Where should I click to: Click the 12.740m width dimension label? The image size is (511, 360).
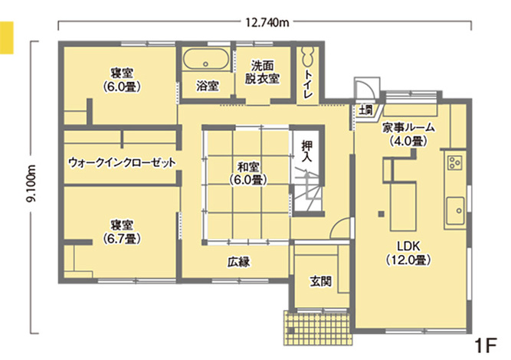(x=267, y=22)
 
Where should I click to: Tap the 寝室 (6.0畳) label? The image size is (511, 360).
(x=122, y=80)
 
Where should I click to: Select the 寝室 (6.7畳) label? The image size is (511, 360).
(x=121, y=231)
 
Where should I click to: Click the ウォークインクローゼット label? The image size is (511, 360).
(x=122, y=163)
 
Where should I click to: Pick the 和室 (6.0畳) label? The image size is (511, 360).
(x=247, y=174)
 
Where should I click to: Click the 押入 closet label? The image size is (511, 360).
(x=306, y=149)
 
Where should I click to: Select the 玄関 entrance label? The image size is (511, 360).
(x=321, y=281)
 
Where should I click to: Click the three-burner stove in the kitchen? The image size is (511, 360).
(x=454, y=163)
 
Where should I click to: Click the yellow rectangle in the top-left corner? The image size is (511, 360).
(x=8, y=38)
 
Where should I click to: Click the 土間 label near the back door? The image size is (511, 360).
(x=365, y=112)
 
